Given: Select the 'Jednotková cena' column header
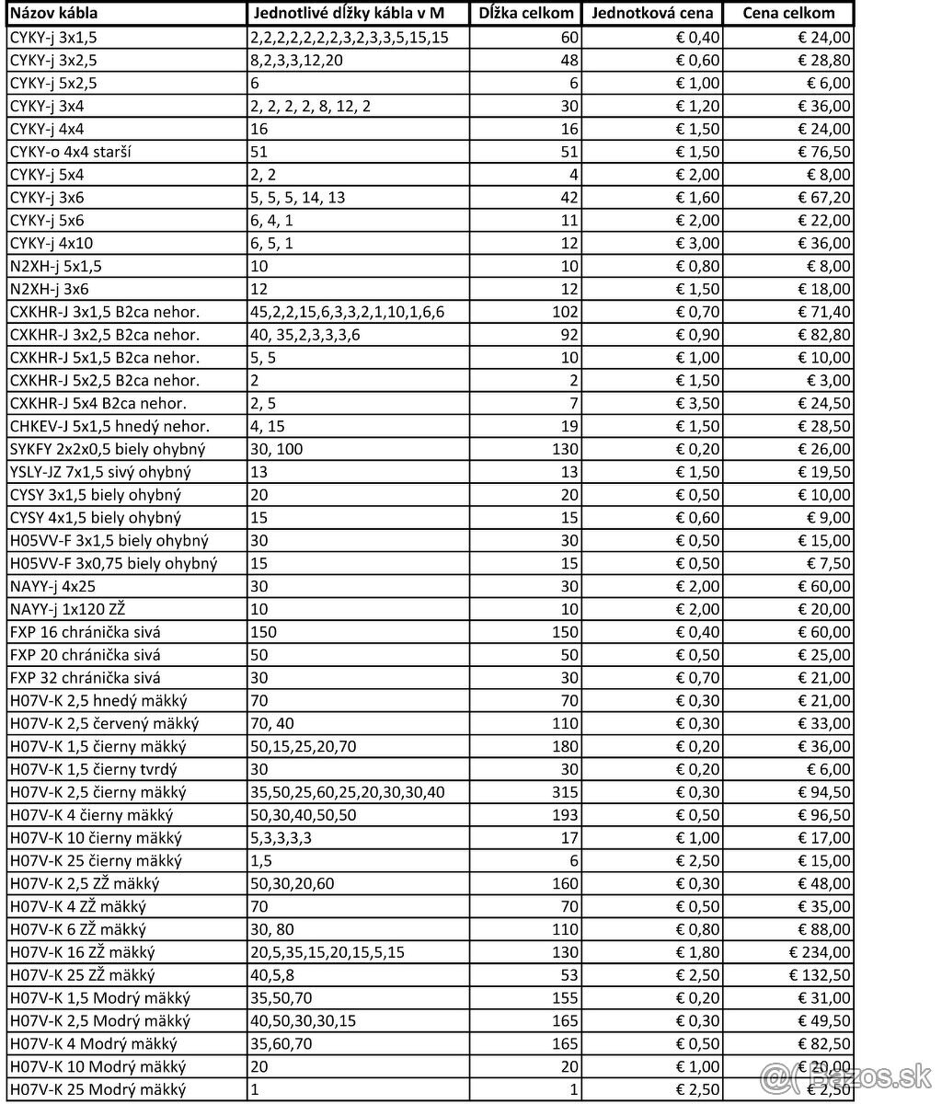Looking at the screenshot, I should tap(651, 14).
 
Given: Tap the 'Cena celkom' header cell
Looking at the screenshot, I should tap(788, 14).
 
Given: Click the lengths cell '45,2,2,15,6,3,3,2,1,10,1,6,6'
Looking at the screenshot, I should tap(347, 312).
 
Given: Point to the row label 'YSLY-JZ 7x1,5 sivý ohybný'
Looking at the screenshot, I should tap(100, 472).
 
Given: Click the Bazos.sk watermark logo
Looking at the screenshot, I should tap(846, 1075).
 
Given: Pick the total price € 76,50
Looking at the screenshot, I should tap(822, 152).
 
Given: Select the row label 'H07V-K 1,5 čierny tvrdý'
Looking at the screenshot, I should tap(93, 769).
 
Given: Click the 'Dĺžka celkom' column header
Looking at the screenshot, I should tap(527, 14).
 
